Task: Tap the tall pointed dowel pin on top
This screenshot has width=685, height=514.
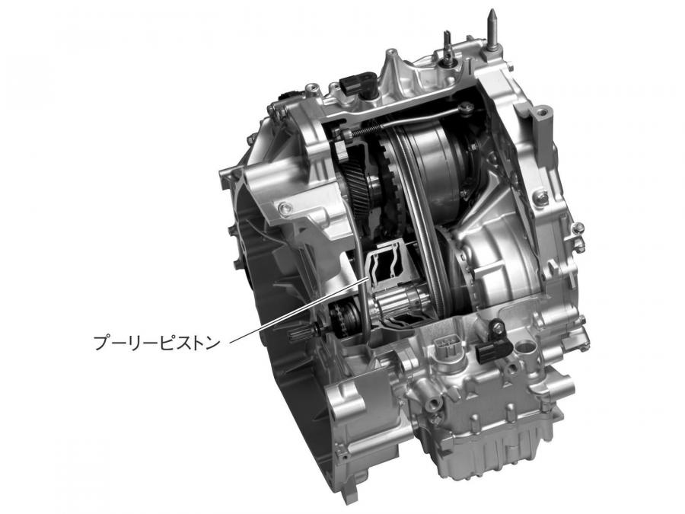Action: coord(492,27)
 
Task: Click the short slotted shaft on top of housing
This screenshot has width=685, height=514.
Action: coord(447,48)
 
